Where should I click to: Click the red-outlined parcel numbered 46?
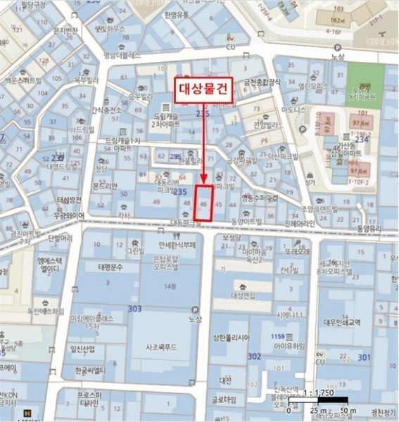(203, 203)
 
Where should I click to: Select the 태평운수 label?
(111, 267)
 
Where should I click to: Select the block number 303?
(135, 309)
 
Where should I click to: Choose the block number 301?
(363, 357)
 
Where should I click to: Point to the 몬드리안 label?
(103, 185)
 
